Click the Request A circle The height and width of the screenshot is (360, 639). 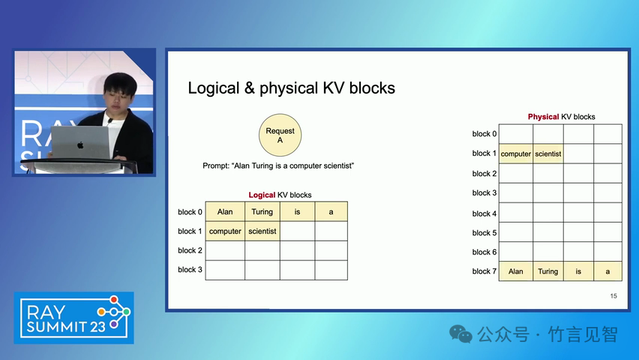280,135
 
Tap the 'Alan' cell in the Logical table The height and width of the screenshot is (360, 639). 225,211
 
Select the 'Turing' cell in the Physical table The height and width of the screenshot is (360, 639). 548,271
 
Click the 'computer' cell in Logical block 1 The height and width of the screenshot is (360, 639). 225,231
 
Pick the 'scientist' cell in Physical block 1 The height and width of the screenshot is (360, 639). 548,154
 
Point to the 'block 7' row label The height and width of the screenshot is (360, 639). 484,271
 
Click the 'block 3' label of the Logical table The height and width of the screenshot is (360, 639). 190,269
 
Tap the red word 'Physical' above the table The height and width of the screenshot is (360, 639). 543,116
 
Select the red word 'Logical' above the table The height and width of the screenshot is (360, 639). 262,195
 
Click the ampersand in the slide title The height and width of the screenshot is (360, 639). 250,88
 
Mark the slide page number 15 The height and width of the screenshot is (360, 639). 613,296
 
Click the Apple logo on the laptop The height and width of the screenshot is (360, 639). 81,145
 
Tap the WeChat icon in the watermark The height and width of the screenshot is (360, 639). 460,334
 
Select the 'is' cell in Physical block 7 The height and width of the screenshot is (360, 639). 578,271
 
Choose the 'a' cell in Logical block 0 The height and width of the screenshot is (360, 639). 331,211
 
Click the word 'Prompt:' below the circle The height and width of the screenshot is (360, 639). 217,166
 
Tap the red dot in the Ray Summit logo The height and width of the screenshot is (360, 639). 114,300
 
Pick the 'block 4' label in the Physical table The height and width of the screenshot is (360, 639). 484,213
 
